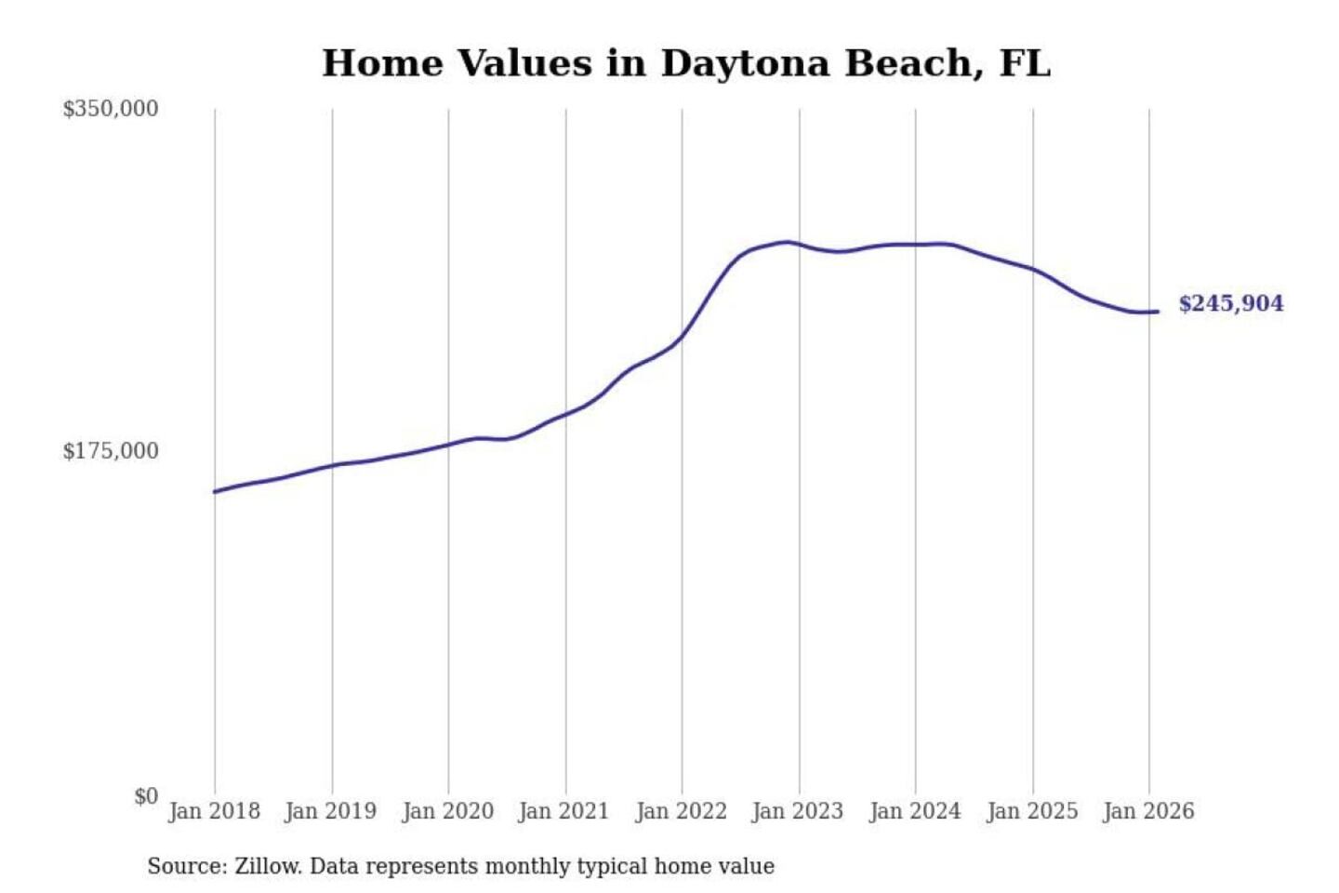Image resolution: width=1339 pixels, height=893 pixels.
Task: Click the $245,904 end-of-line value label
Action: [1230, 303]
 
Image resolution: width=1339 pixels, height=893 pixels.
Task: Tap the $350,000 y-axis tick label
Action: [110, 109]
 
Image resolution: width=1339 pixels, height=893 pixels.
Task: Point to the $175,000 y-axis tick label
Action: [110, 451]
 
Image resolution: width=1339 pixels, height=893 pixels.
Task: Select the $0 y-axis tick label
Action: [145, 796]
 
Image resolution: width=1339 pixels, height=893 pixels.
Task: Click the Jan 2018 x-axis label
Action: [214, 811]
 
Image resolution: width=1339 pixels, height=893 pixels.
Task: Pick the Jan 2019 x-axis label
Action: [330, 811]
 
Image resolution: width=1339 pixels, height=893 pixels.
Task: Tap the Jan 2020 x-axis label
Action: [447, 811]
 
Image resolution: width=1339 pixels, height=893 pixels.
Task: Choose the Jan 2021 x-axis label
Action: [563, 811]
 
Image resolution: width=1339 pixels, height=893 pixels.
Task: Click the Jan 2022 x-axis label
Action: [681, 811]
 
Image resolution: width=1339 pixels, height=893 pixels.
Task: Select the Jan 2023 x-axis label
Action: [797, 811]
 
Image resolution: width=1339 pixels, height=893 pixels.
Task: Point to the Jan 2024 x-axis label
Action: [914, 811]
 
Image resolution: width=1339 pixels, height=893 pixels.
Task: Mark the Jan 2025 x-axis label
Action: [1031, 811]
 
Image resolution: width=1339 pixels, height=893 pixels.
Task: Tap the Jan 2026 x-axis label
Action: [1147, 811]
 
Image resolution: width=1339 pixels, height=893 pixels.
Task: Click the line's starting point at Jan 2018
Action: [215, 491]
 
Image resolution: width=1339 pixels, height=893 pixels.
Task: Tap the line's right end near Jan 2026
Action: [1157, 312]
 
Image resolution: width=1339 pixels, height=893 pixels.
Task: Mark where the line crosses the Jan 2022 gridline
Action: [682, 337]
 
